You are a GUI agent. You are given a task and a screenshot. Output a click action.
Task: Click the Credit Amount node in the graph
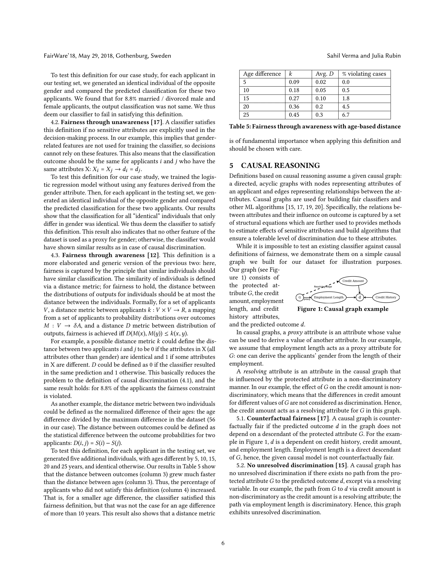353,281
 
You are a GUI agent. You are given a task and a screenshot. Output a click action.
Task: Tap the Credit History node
386,297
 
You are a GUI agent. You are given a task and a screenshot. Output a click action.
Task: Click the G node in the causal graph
299,297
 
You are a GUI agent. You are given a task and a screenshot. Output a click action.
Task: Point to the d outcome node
360,297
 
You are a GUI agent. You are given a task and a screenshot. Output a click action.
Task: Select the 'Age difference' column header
262,74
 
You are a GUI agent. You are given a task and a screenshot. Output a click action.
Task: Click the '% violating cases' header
364,74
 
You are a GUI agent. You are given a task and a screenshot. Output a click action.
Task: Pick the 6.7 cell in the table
346,115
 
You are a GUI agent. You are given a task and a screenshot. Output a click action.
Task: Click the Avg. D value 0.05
321,90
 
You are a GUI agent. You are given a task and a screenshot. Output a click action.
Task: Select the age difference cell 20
246,107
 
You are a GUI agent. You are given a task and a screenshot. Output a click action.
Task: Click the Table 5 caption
315,127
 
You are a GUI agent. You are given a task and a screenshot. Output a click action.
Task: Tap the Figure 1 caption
343,309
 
